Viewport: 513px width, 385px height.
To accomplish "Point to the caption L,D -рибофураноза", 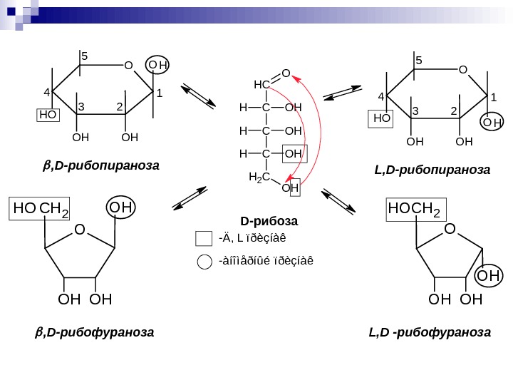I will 430,332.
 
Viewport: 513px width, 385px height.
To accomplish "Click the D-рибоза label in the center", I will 269,220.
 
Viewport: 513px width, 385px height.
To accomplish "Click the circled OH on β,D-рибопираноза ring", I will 158,66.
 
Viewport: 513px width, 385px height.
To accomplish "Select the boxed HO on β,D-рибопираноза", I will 48,114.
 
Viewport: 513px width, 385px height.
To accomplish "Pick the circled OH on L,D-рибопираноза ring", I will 492,123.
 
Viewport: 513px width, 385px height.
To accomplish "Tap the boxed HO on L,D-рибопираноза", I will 382,118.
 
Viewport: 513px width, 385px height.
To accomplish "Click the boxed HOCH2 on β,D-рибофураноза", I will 41,208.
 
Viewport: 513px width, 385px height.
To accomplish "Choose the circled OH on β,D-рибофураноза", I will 121,207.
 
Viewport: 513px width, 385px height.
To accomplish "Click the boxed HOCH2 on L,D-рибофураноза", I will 414,209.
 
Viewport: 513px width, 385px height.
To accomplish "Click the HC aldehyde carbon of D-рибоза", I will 261,85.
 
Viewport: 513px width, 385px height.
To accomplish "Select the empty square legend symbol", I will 204,239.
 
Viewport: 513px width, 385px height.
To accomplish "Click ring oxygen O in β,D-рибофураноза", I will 79,230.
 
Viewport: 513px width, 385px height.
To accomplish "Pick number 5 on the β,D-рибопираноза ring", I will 84,56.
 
